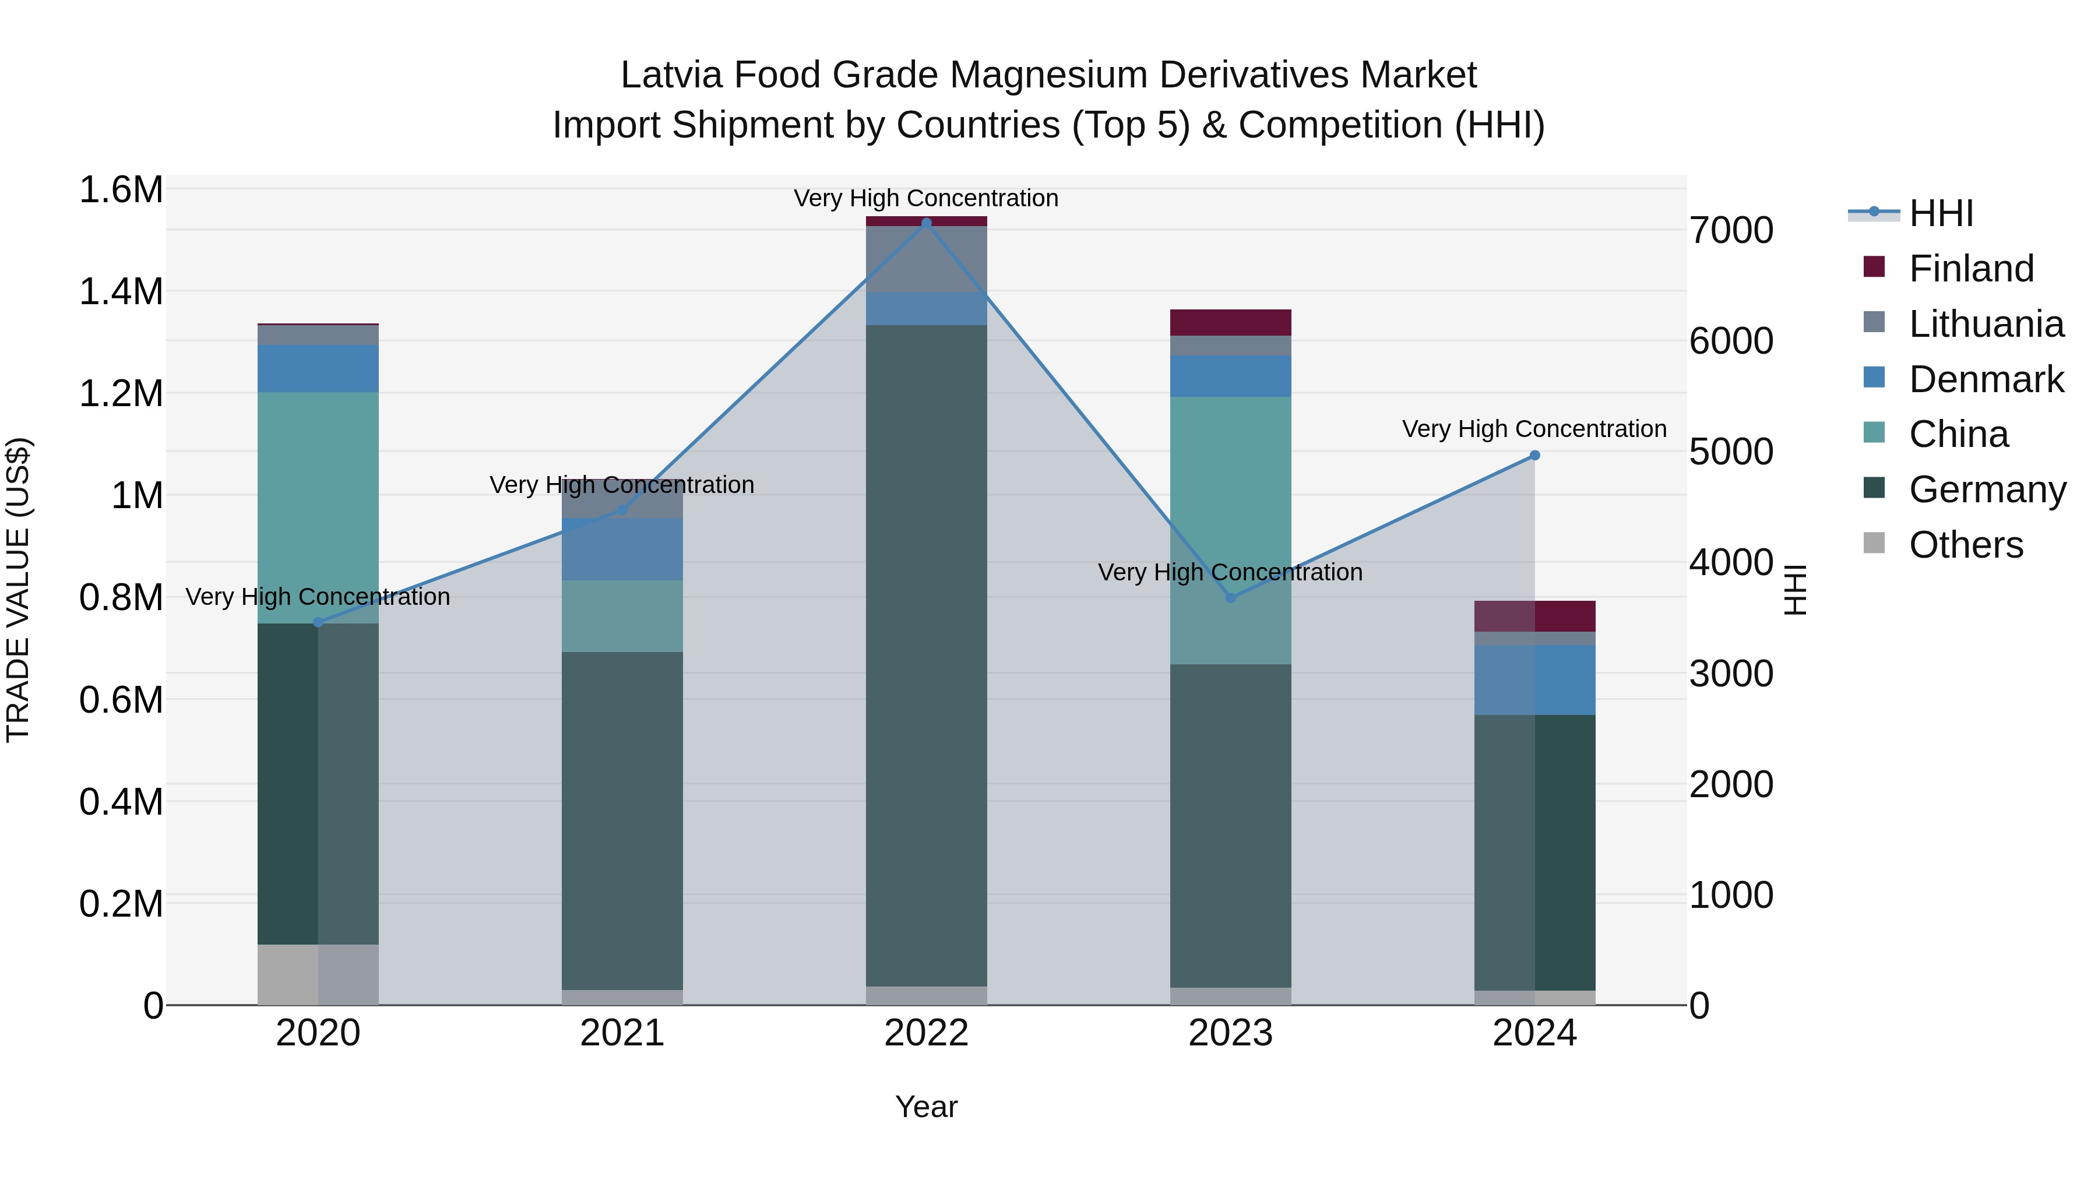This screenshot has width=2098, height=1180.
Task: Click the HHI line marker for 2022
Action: point(926,223)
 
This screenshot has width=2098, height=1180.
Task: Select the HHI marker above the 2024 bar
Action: point(1534,455)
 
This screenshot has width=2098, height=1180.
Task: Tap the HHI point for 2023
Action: point(1231,598)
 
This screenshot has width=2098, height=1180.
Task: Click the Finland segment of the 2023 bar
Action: point(1231,322)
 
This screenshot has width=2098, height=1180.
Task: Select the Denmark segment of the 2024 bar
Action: point(1534,680)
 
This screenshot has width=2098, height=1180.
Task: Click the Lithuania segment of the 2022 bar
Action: point(926,259)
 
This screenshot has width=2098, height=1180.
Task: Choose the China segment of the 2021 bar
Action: point(622,616)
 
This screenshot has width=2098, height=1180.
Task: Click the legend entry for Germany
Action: point(1987,489)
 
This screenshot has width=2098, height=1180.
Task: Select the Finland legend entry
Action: point(1970,269)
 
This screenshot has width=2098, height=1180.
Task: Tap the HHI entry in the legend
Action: point(1940,213)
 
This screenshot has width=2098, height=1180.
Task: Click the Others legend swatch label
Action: point(1965,545)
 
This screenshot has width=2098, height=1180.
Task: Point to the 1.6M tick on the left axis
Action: point(121,190)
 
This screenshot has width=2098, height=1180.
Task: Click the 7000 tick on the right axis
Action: point(1731,230)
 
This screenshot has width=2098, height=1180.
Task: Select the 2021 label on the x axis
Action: point(622,1033)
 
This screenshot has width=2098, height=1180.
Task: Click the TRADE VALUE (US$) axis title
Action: point(18,590)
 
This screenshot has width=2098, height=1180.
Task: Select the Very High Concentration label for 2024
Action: point(1534,429)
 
